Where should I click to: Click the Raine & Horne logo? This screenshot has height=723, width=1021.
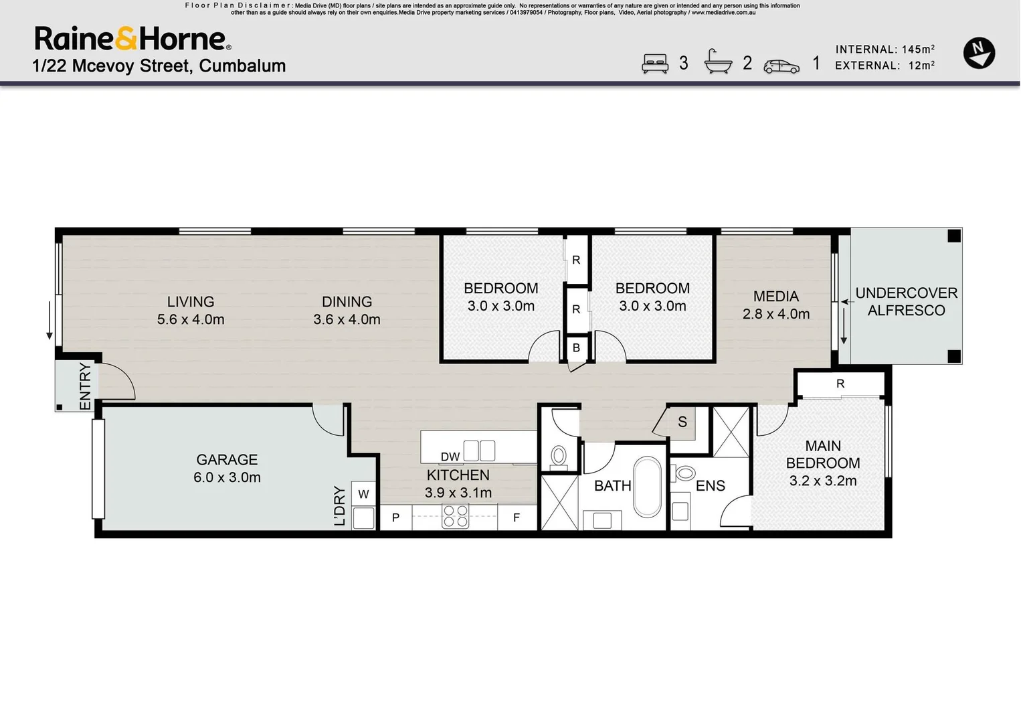coord(132,39)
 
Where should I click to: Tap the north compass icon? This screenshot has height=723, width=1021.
coord(979,53)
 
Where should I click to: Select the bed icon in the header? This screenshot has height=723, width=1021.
coord(655,63)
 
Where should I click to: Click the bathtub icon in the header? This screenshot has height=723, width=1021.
coord(718,62)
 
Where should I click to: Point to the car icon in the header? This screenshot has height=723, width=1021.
coord(781,66)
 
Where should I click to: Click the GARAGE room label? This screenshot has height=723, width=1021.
coord(227,460)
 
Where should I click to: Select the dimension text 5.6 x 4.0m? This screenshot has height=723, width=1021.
coord(191,320)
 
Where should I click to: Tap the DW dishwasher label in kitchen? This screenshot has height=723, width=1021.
coord(450,457)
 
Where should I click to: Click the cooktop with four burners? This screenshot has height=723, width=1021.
coord(456,517)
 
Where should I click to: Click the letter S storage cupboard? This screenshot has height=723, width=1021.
coord(682,422)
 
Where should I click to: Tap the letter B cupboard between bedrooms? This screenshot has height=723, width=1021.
coord(576,348)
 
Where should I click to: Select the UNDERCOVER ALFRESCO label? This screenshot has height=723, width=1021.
coord(906,302)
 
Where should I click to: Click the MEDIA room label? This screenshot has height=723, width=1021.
coord(775,297)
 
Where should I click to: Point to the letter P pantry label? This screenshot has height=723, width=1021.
coord(395,517)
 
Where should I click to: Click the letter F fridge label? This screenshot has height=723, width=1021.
coord(517,517)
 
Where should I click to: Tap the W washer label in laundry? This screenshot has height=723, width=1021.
coord(363,495)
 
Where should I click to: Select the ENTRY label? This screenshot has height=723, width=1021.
coord(85,386)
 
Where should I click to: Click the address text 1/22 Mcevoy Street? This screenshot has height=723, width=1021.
coord(159,66)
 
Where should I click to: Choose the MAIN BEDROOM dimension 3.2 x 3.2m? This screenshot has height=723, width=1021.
coord(823,481)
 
